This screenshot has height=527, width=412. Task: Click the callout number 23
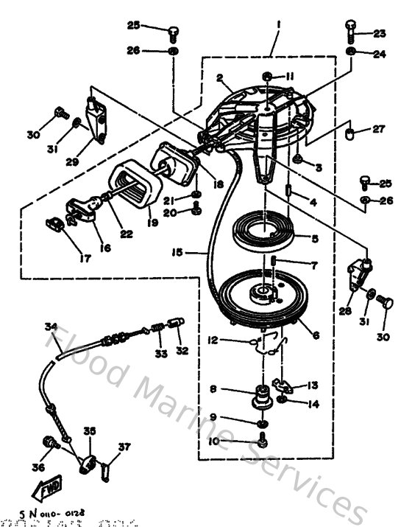(379, 33)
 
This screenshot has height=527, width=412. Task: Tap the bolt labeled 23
(351, 29)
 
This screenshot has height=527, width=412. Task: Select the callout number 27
(378, 129)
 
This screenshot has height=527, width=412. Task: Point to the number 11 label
(290, 75)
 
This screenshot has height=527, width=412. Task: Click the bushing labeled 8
(260, 397)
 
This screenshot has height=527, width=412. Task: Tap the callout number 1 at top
(278, 24)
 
